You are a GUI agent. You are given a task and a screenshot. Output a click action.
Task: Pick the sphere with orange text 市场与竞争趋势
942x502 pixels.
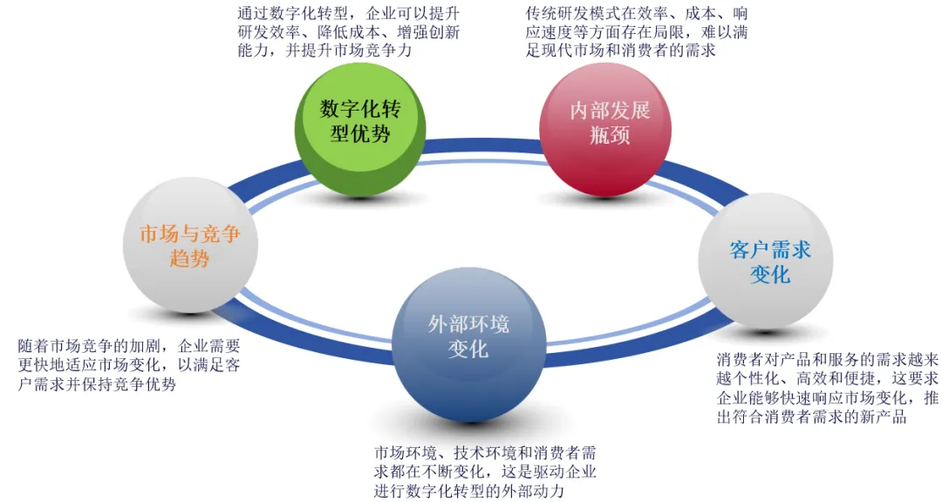(x=189, y=246)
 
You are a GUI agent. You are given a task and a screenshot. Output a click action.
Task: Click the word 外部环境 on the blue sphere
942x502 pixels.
(x=468, y=325)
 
